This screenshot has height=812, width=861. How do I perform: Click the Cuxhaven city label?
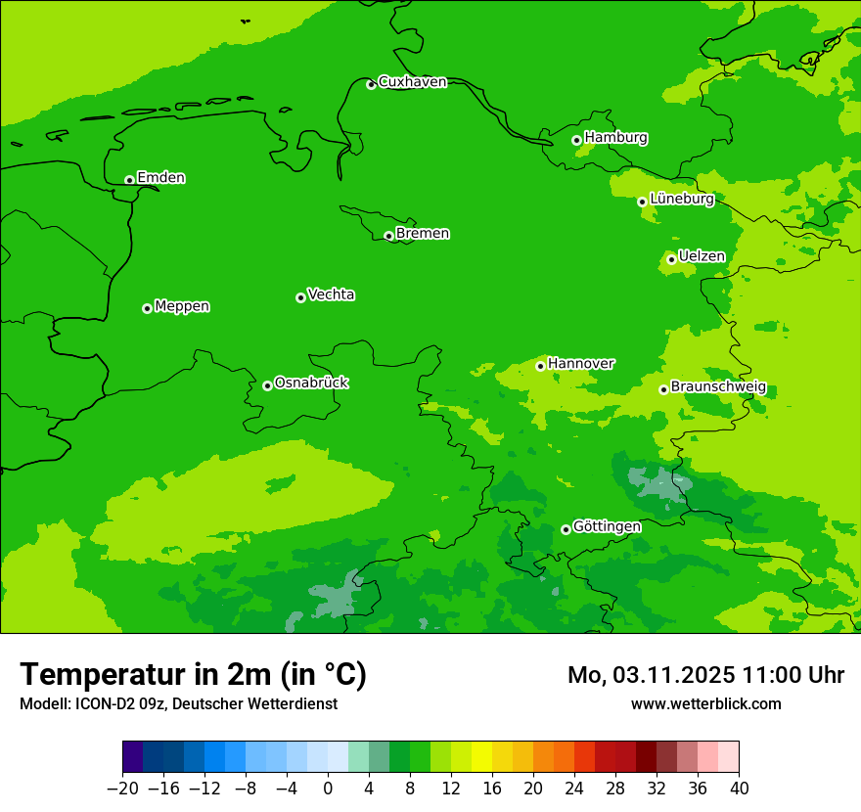click(412, 82)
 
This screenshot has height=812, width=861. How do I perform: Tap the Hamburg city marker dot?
click(576, 140)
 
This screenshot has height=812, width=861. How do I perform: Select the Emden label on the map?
click(160, 178)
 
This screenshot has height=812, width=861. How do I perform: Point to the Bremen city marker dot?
click(388, 236)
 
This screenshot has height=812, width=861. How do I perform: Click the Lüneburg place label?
click(682, 199)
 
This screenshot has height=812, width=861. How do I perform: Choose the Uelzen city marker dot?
click(671, 259)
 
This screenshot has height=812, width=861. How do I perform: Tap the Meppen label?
click(182, 306)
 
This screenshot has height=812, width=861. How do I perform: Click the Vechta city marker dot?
click(300, 297)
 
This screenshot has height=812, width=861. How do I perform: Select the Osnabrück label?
click(311, 383)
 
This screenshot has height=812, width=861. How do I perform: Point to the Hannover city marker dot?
click(540, 366)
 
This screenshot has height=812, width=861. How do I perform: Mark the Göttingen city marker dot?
click(566, 529)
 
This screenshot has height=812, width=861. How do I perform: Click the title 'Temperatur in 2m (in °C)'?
click(193, 674)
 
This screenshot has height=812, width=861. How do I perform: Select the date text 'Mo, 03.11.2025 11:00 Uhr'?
click(705, 675)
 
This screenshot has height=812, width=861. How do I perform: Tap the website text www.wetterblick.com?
click(705, 703)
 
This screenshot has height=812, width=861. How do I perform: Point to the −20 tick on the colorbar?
click(123, 789)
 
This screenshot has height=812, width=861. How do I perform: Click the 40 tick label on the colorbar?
click(739, 789)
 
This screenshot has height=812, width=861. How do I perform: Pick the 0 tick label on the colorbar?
click(328, 789)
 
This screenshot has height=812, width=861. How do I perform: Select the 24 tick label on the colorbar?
click(574, 789)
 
